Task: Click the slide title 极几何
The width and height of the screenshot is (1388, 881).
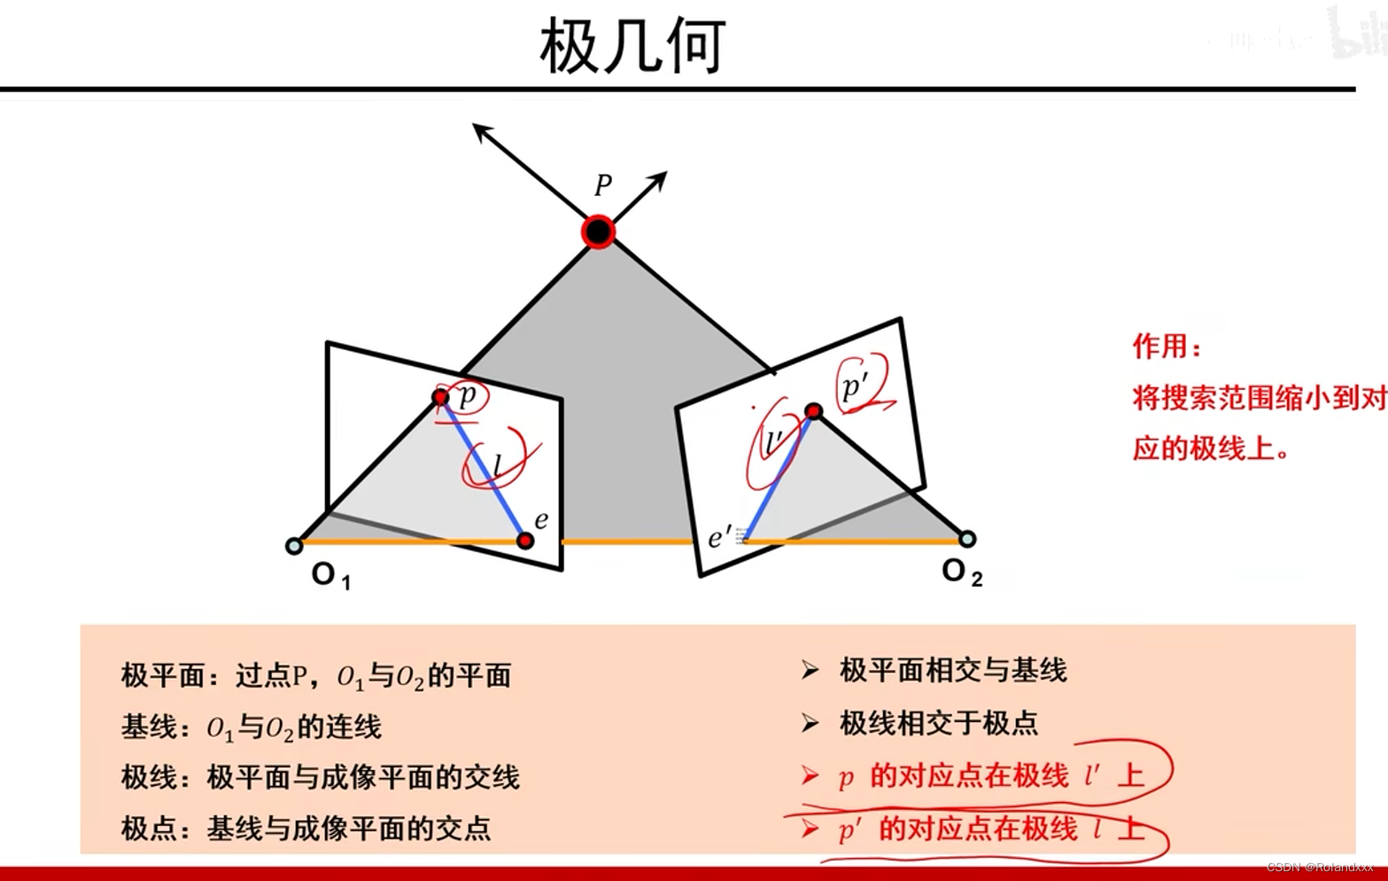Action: click(x=632, y=46)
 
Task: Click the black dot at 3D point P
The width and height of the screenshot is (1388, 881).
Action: click(x=599, y=231)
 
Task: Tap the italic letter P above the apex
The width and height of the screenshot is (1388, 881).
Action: click(x=603, y=185)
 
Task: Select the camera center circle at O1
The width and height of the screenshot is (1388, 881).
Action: click(x=294, y=546)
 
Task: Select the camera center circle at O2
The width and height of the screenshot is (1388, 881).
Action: click(x=967, y=539)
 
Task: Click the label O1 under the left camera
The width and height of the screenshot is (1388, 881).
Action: click(x=330, y=575)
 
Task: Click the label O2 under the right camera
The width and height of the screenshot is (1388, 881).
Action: click(x=961, y=572)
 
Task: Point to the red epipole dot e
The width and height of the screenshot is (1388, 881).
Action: click(x=525, y=541)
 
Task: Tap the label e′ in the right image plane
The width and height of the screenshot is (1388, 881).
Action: click(x=718, y=537)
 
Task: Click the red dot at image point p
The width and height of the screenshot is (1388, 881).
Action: click(x=440, y=397)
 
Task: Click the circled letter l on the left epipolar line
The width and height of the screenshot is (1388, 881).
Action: click(x=498, y=464)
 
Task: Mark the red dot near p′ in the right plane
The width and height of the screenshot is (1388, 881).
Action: click(x=813, y=410)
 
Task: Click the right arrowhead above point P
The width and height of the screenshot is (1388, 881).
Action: click(x=660, y=177)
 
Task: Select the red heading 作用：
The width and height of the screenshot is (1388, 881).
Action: click(x=1167, y=347)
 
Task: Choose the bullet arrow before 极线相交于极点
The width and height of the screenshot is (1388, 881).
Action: click(x=810, y=723)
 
